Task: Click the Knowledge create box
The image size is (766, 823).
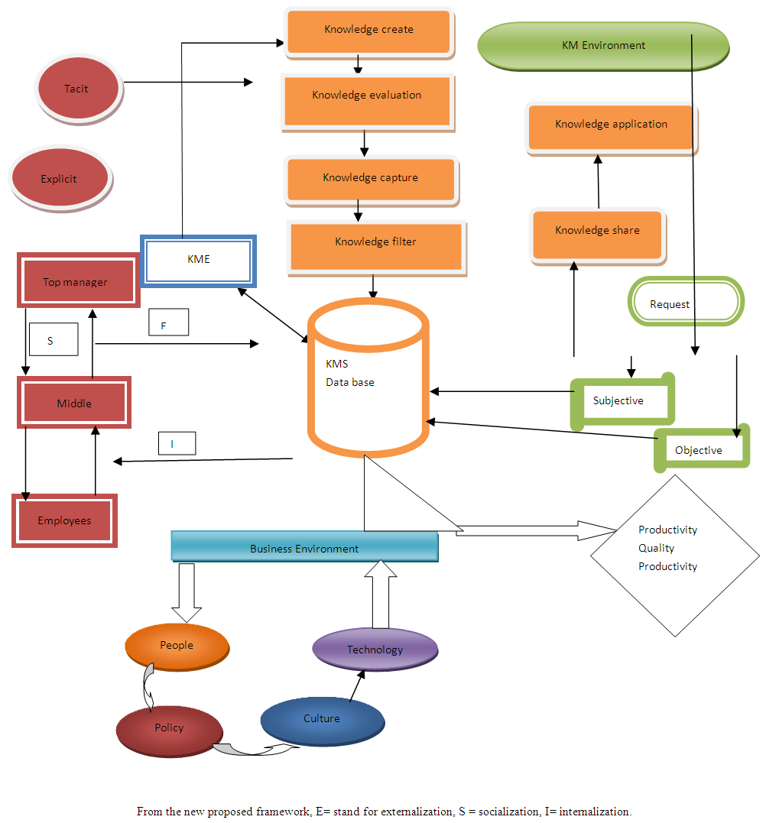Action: (368, 31)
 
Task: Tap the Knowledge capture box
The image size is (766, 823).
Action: (371, 179)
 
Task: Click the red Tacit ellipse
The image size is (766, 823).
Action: (77, 89)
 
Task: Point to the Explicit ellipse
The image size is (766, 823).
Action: (59, 180)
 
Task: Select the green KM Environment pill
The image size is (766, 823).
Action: (602, 46)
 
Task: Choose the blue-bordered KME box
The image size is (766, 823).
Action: (198, 261)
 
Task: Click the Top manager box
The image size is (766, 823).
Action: (75, 283)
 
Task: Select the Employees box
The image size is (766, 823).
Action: (65, 520)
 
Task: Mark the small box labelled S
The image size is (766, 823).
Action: (53, 340)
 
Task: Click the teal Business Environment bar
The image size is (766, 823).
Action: (304, 548)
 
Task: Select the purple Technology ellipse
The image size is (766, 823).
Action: (375, 650)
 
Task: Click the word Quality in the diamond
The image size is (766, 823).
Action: (657, 548)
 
